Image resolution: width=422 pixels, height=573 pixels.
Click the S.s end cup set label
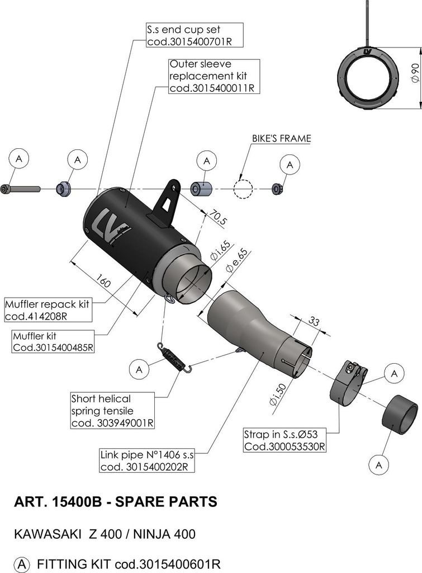click(195, 36)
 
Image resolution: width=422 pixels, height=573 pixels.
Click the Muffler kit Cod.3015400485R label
click(53, 342)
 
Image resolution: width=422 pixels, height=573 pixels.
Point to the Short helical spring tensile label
click(112, 411)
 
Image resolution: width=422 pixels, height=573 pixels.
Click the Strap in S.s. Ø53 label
click(285, 440)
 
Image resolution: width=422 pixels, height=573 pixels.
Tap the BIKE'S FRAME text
click(282, 138)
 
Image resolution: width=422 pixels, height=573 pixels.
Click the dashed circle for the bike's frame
click(243, 189)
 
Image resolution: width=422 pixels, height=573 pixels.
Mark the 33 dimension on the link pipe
click(314, 322)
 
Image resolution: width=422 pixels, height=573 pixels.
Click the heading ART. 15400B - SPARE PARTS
click(115, 502)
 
